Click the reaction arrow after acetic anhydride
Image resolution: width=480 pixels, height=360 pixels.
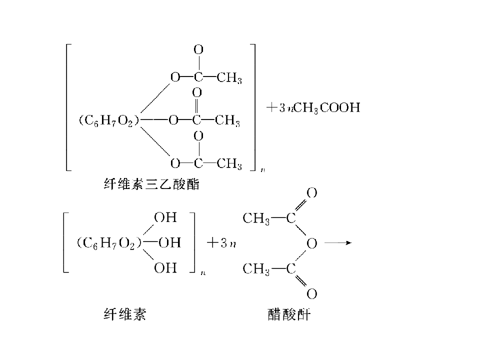338,243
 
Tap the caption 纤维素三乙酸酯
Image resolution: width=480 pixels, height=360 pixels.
152,184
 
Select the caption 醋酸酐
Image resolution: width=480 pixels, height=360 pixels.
289,314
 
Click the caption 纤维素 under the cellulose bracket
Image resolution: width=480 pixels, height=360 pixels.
125,314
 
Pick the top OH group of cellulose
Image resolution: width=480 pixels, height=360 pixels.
165,217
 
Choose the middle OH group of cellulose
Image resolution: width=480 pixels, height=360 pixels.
169,243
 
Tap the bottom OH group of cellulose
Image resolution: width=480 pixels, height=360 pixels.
165,268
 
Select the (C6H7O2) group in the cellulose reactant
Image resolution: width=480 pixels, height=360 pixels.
109,243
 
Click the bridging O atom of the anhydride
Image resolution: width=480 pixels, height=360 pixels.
311,243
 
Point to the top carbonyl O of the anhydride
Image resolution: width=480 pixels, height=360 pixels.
311,193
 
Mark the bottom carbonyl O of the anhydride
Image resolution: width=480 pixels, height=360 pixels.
311,294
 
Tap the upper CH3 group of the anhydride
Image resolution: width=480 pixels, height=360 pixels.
256,219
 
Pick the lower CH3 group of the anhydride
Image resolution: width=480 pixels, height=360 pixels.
256,269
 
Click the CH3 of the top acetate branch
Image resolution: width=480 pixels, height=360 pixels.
229,78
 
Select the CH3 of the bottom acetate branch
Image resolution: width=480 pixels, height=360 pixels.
229,164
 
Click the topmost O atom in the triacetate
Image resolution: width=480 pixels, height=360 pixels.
198,49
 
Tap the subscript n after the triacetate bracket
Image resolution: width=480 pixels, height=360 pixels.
262,170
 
